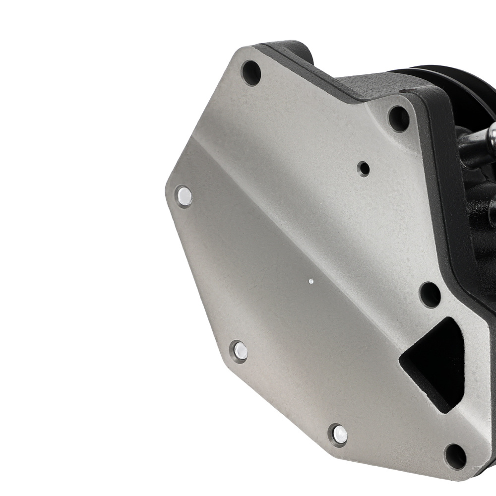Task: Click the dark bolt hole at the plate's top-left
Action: [251, 73]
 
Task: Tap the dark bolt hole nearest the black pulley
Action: [399, 119]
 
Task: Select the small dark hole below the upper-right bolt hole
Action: [364, 169]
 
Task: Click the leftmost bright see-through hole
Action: [184, 197]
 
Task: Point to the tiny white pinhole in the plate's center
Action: [311, 281]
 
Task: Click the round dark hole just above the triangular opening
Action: [430, 295]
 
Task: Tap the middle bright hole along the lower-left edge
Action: [240, 351]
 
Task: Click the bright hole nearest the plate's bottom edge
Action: [339, 435]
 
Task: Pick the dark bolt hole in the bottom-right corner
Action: [455, 456]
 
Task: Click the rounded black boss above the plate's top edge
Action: [293, 50]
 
